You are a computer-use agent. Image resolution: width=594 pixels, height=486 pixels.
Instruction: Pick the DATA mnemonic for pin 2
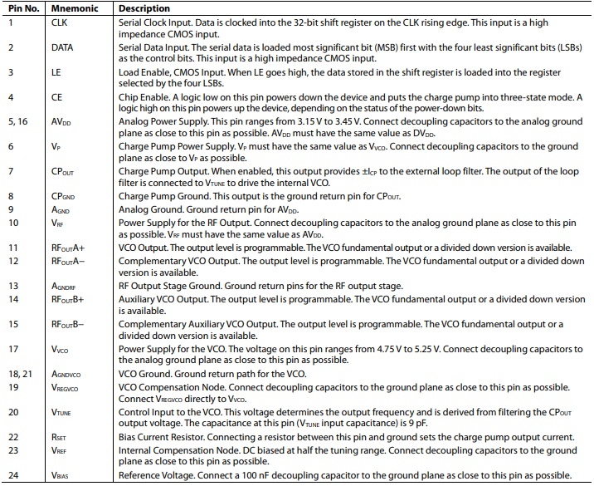[62, 48]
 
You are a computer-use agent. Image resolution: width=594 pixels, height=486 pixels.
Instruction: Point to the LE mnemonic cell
[56, 73]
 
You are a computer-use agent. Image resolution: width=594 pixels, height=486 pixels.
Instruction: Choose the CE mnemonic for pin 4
[56, 97]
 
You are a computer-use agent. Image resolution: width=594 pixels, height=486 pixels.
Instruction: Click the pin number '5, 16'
[18, 121]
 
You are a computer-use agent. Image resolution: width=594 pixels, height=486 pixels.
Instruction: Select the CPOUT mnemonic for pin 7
[63, 171]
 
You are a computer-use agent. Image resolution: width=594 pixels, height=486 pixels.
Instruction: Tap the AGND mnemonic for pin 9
[61, 210]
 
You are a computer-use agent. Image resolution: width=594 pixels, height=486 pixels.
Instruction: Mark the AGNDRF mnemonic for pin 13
[64, 285]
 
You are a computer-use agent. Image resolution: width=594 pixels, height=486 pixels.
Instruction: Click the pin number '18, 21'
[20, 375]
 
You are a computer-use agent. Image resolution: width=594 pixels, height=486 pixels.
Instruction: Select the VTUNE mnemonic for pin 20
[62, 411]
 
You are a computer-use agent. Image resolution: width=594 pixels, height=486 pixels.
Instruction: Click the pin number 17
[12, 349]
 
